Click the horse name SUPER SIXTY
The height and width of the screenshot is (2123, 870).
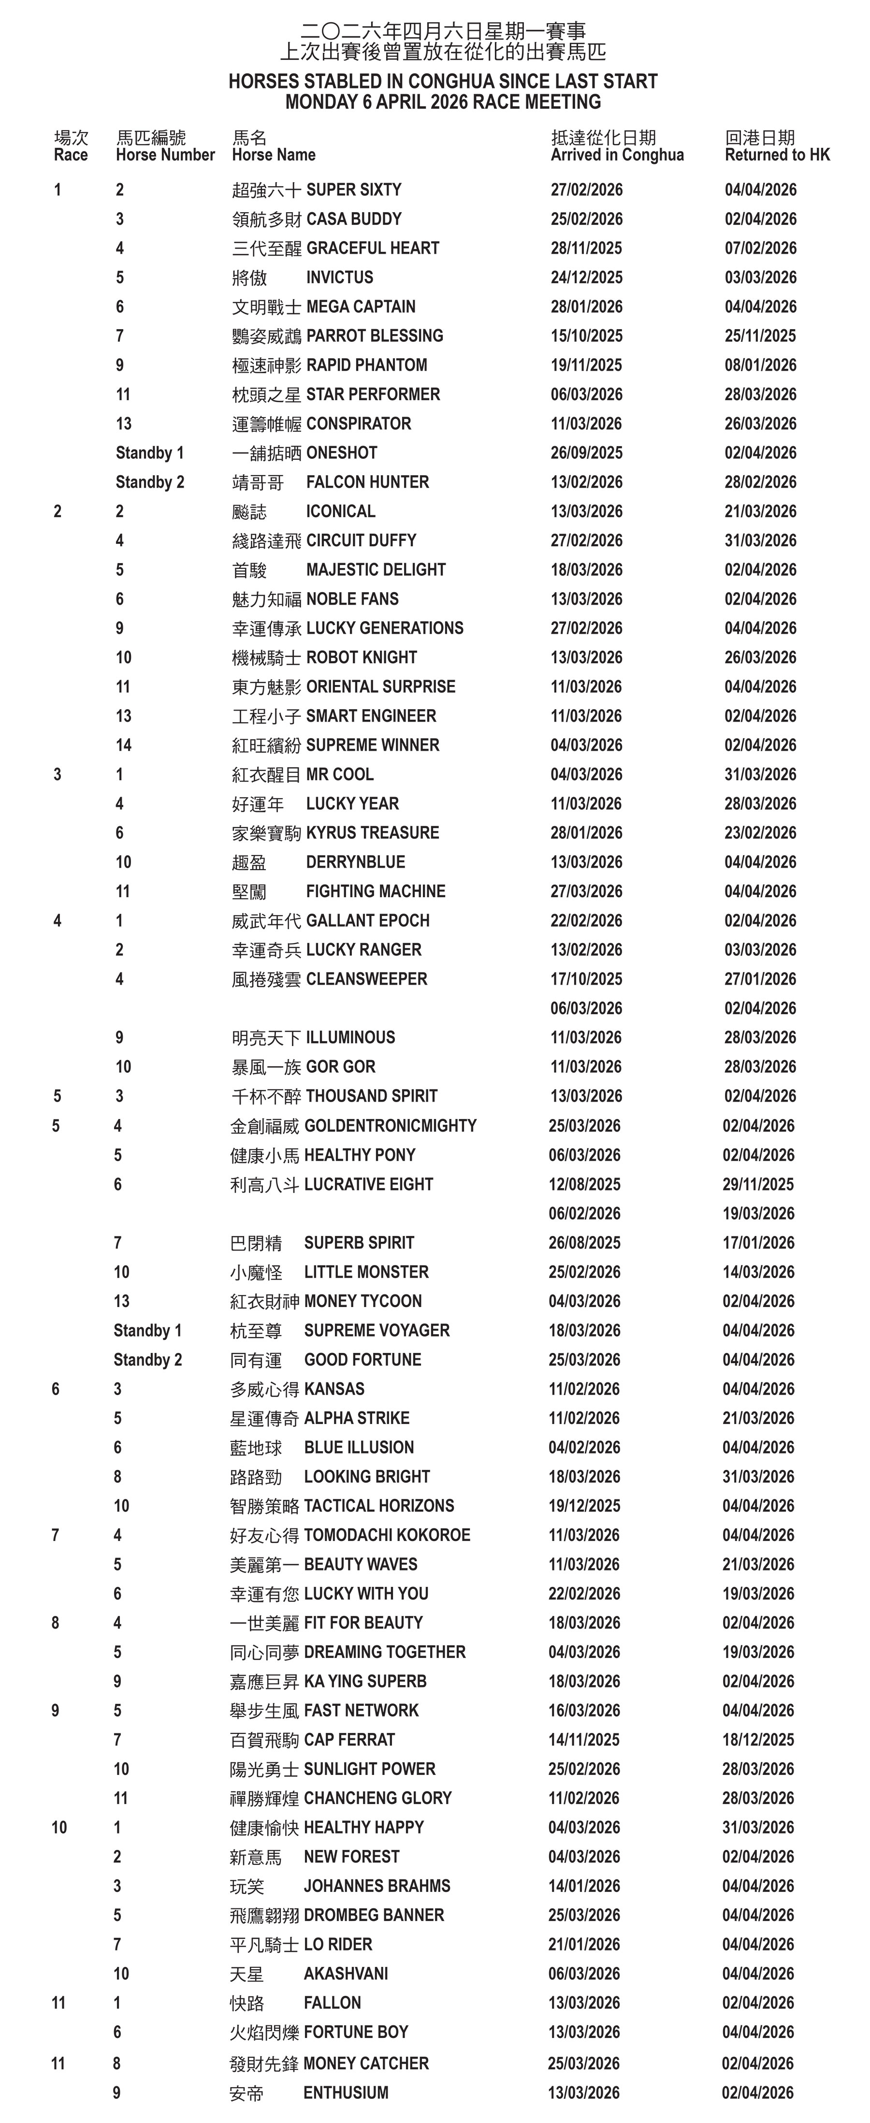coord(353,189)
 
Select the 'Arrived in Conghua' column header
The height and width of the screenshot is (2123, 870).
coord(617,155)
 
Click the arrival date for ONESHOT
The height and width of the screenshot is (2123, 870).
coord(587,452)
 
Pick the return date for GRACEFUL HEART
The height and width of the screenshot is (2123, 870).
coord(760,248)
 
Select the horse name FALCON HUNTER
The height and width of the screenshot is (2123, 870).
coord(367,482)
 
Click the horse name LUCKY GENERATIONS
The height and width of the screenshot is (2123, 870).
coord(385,628)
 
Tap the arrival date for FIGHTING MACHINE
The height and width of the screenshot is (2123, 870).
coord(587,891)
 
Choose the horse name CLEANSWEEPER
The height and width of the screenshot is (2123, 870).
coord(367,979)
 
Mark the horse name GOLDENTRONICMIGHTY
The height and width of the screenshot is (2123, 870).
coord(391,1126)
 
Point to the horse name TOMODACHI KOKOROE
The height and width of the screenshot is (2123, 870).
coord(387,1535)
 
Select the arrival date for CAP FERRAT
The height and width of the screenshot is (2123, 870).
coord(584,1740)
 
